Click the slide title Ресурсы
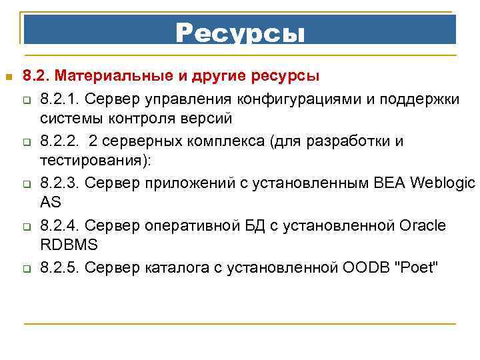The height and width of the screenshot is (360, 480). tap(240, 32)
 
